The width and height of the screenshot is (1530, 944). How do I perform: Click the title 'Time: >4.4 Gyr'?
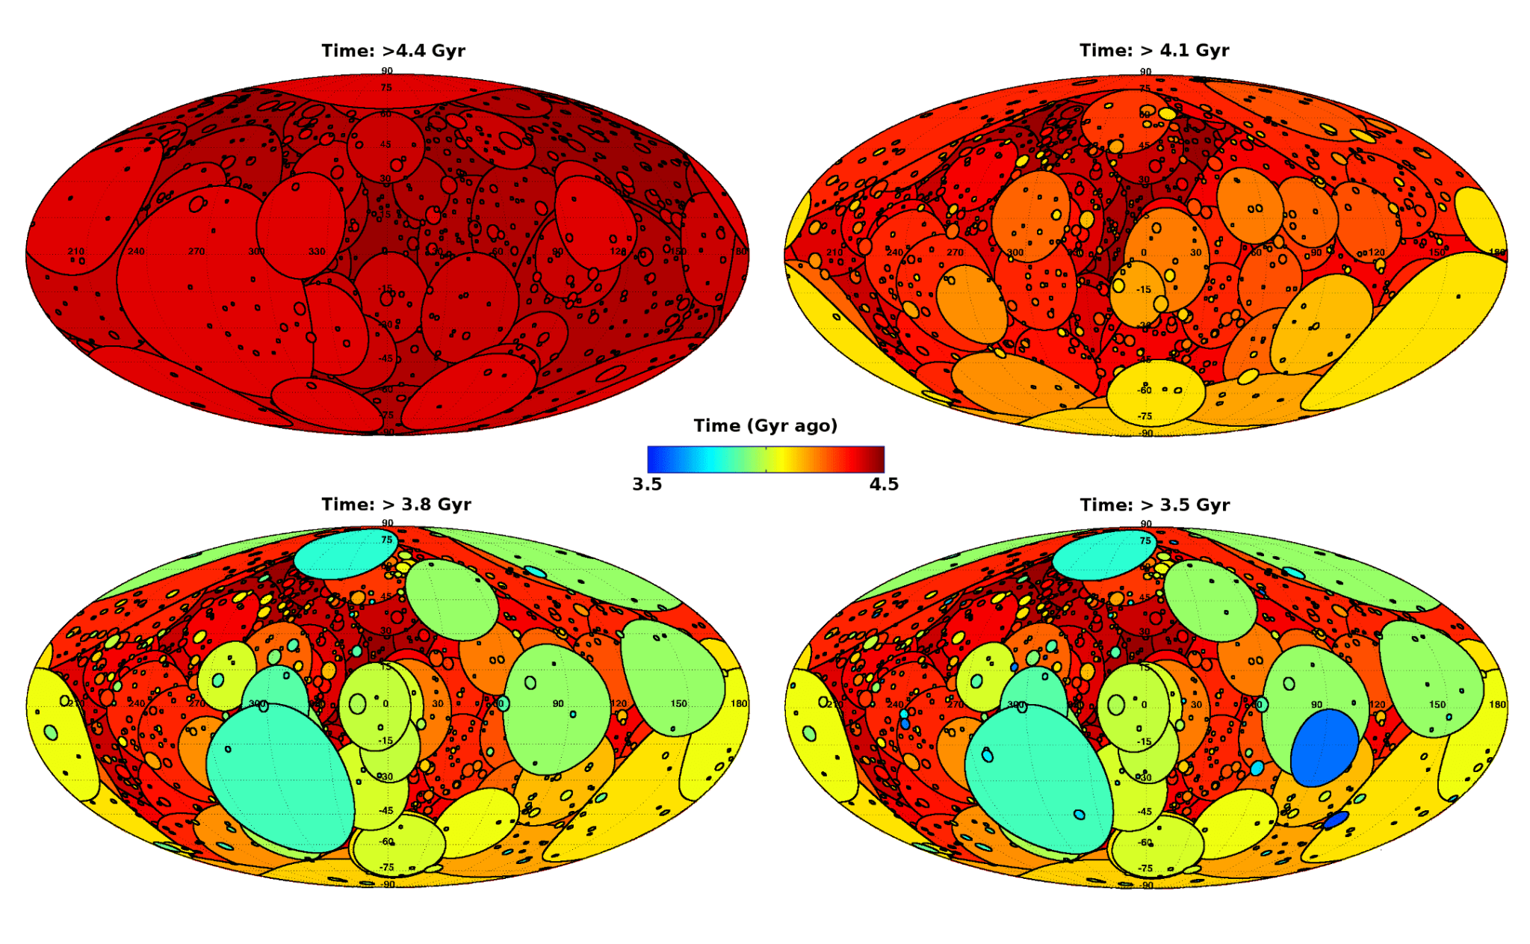(393, 51)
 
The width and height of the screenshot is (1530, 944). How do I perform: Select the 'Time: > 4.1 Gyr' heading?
(1153, 50)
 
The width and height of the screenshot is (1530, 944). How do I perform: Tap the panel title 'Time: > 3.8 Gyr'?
(396, 505)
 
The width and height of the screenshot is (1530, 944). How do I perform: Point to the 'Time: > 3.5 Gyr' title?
(1154, 505)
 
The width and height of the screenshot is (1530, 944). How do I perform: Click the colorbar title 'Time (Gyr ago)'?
(765, 426)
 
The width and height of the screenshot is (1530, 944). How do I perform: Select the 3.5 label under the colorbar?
(647, 484)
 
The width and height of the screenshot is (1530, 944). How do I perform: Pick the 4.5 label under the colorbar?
(884, 484)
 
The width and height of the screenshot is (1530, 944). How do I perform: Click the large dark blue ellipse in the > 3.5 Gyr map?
(1324, 747)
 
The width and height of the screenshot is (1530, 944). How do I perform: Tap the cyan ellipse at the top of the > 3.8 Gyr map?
(345, 553)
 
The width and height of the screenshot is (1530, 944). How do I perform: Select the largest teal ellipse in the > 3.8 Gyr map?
(280, 777)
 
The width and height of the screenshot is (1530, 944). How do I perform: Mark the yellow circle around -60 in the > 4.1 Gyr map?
(1156, 392)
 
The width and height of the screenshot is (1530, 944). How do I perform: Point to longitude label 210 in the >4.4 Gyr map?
(76, 251)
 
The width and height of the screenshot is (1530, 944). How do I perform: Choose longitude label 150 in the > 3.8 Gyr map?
(678, 703)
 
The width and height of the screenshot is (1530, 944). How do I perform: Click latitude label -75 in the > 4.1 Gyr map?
(1145, 416)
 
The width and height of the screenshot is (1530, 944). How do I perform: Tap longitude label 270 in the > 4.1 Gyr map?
(955, 253)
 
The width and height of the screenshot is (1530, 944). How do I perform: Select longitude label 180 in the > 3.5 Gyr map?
(1497, 704)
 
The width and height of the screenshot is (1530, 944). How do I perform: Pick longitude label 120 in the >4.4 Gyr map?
(618, 251)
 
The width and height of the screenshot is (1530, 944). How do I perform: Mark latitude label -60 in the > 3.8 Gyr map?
(386, 842)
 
